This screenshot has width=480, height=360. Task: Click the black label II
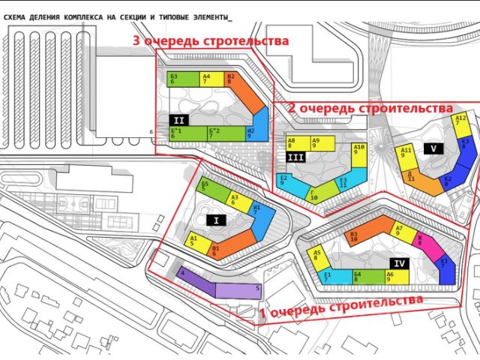pos(179,119)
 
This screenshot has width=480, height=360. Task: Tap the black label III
pos(295,157)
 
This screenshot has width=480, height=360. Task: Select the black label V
pos(433,148)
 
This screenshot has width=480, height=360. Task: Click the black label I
pos(216,220)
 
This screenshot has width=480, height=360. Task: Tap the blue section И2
pos(259,127)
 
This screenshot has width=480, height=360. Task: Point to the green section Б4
pos(358,277)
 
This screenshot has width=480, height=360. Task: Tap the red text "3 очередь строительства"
pos(210,41)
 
